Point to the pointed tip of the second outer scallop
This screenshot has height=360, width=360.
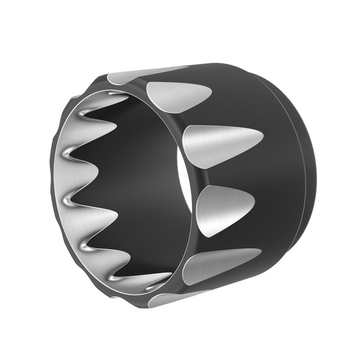click(211, 91)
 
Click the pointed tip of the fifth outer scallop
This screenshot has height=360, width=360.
click(260, 250)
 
